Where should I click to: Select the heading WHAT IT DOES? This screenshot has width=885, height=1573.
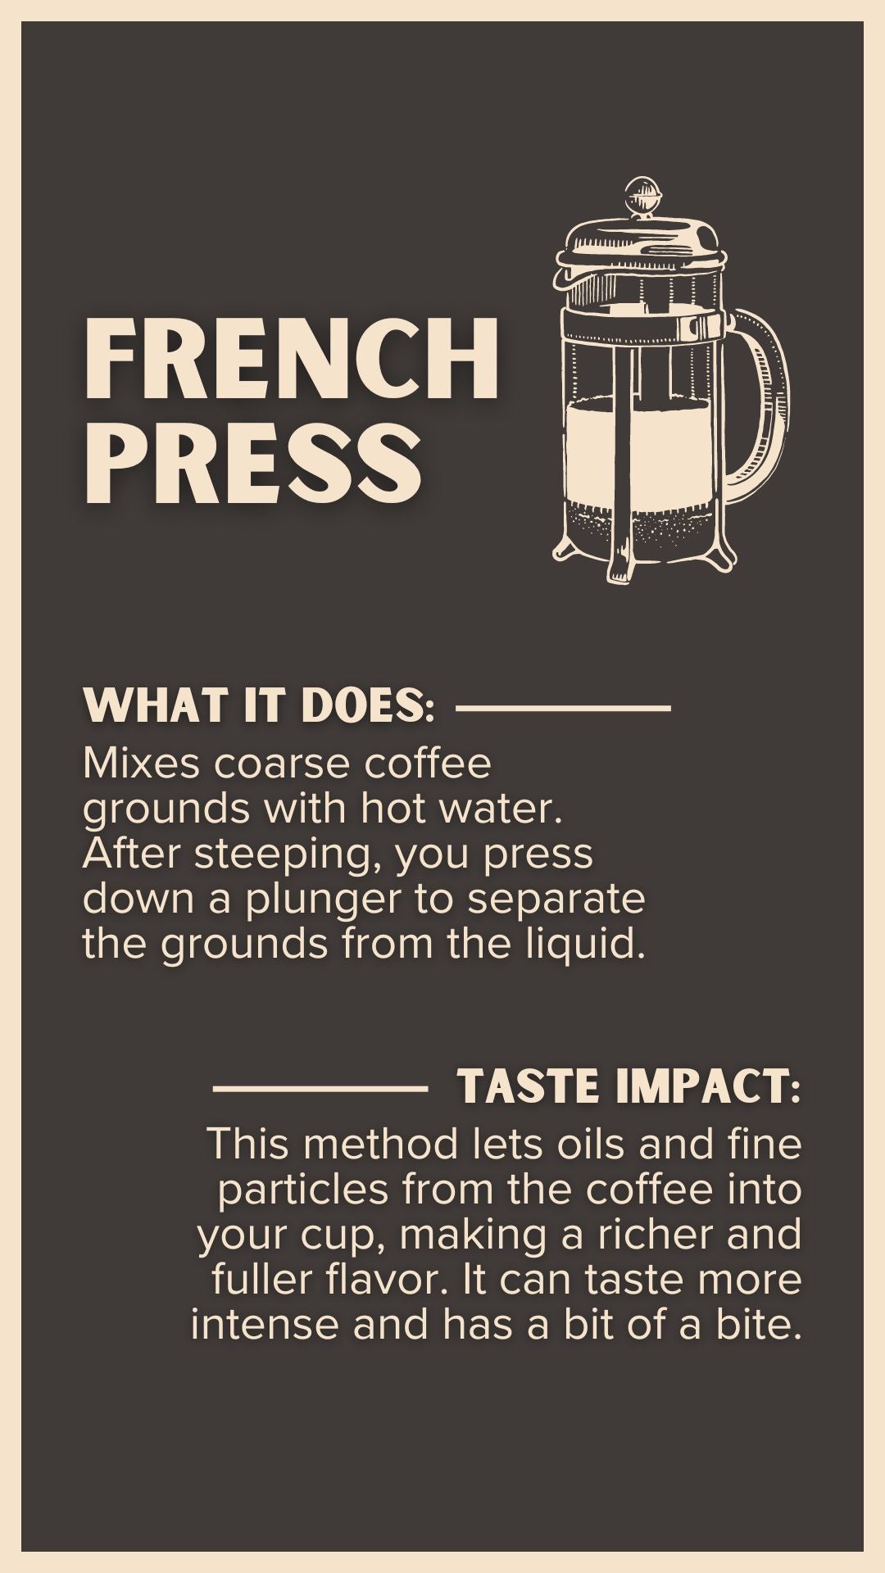(x=259, y=706)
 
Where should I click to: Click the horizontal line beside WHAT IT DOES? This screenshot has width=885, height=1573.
(x=564, y=707)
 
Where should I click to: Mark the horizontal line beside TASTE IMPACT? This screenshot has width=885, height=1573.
(x=320, y=1088)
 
